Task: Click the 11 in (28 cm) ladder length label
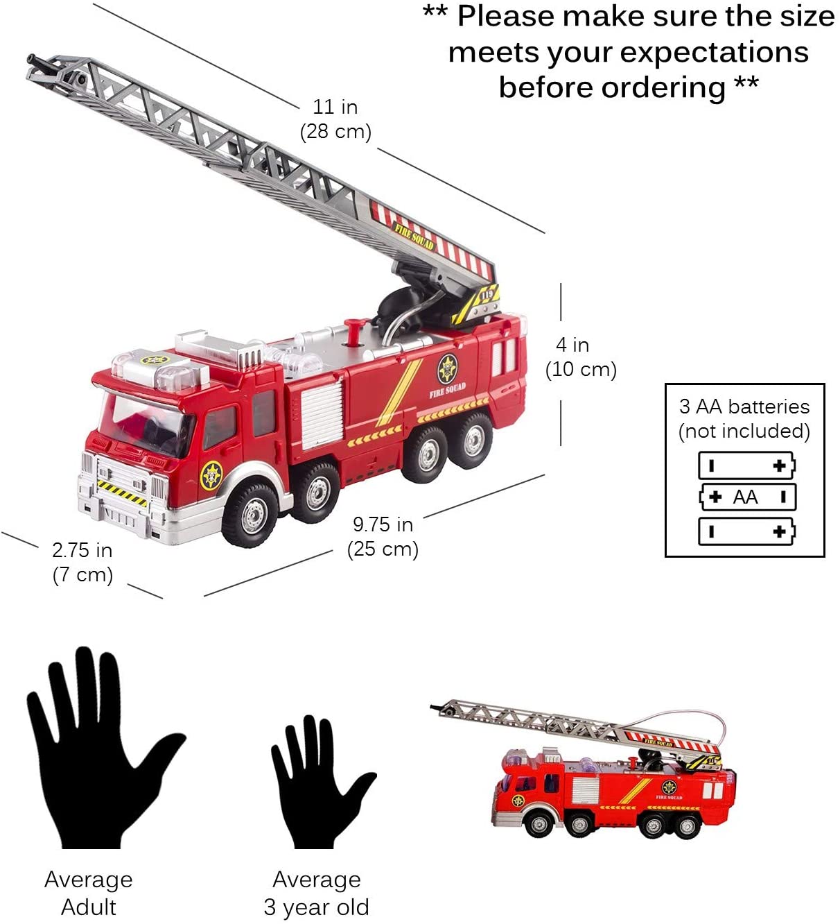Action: pos(335,119)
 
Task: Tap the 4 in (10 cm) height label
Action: pos(580,357)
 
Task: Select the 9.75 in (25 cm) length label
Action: pos(383,537)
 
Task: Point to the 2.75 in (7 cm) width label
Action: pos(82,563)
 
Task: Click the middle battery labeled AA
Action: pos(747,497)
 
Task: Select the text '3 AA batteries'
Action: pos(744,407)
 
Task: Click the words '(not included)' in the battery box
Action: pos(744,431)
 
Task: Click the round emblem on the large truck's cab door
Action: pos(211,475)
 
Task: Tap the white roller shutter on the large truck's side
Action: pos(322,414)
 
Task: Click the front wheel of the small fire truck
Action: pos(539,826)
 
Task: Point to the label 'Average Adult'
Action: pos(89,893)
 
